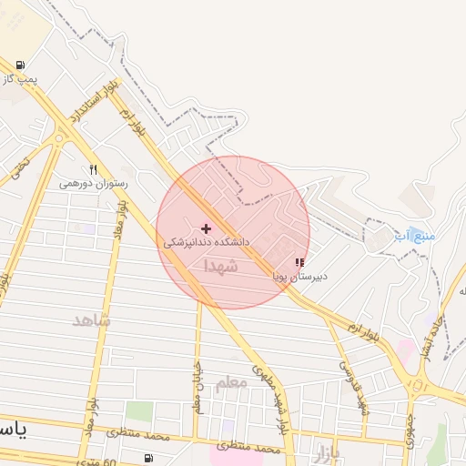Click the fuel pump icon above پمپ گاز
coord(20,66)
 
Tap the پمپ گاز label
coord(20,80)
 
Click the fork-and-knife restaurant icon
coord(93,169)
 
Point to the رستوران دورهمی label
coord(94,183)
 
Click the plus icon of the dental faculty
coord(207,228)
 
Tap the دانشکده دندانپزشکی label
coord(207,243)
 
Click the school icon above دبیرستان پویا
coord(299,262)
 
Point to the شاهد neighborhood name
coord(91,320)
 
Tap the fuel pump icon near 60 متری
coord(148,458)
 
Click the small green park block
coord(138,412)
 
